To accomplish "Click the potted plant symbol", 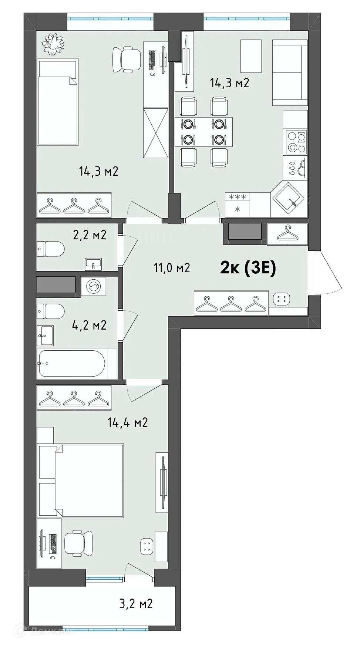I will (x=53, y=43).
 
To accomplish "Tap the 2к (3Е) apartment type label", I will (x=248, y=268).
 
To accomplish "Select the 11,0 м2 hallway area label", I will (x=172, y=267).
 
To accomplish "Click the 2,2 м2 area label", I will (x=90, y=235).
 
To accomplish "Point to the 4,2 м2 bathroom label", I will (x=89, y=325).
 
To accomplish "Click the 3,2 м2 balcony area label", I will (x=136, y=604).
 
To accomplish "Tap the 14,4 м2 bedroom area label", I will (x=128, y=422).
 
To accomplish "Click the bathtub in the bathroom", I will (x=73, y=363).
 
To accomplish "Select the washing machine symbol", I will (x=93, y=286).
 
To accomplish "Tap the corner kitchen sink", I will (x=288, y=198).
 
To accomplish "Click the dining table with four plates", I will (x=203, y=132).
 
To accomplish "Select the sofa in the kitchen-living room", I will (x=290, y=73).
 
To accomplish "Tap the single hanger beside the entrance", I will (x=287, y=234).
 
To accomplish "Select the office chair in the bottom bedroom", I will (x=78, y=543).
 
